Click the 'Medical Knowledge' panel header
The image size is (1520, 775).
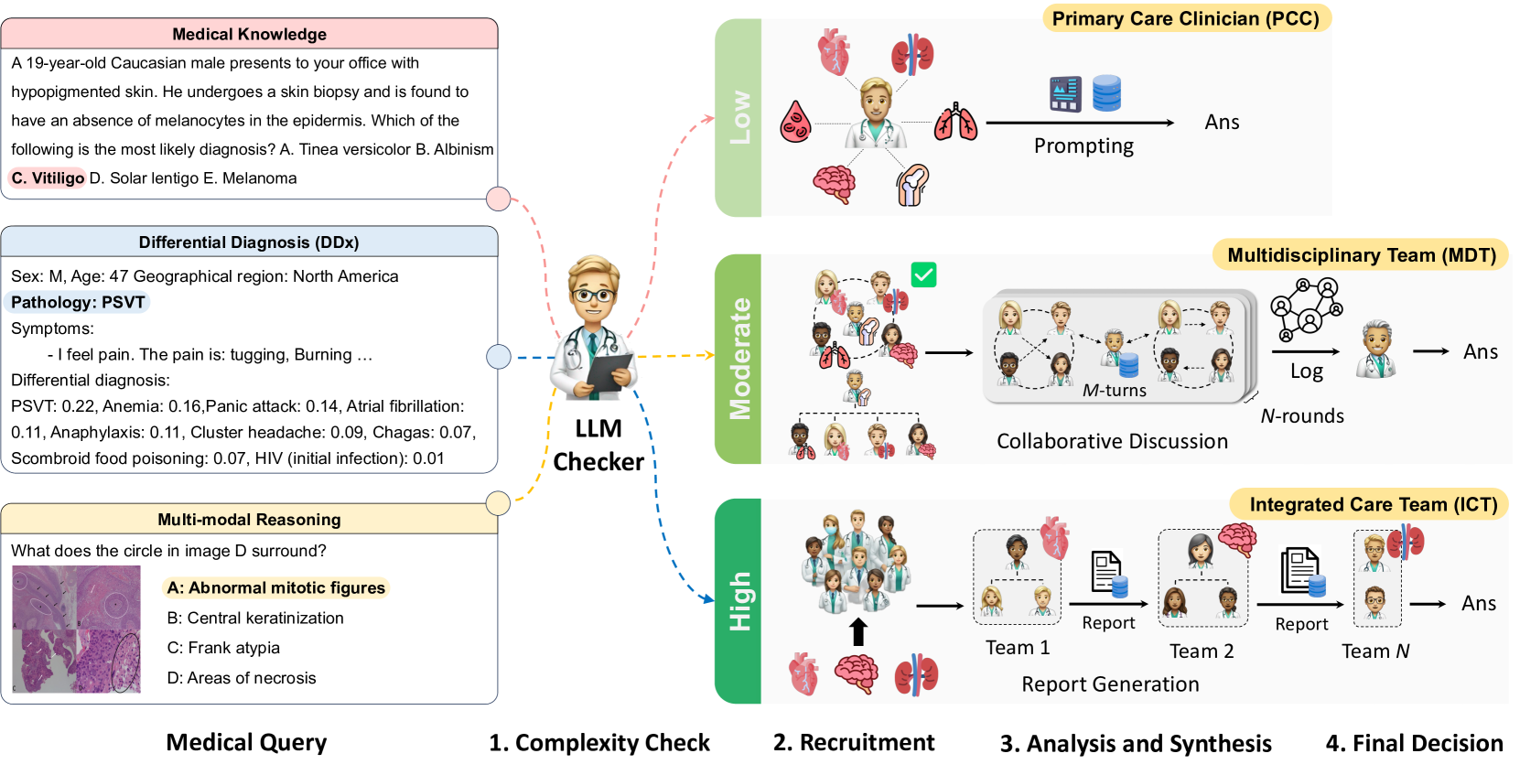tap(249, 34)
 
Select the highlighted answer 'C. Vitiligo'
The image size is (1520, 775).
tap(48, 178)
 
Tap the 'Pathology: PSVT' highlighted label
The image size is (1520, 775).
tap(78, 302)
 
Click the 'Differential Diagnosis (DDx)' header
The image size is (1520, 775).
tap(249, 242)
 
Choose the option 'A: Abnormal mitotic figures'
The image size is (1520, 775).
tap(275, 587)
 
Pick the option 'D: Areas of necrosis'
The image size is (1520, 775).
tap(242, 678)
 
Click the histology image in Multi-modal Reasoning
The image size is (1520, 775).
tap(76, 629)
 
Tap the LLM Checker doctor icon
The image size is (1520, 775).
tap(594, 329)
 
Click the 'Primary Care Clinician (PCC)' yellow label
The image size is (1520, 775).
tap(1185, 18)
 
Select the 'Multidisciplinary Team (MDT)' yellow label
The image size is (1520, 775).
tap(1361, 255)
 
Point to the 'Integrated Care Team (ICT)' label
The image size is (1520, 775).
tap(1373, 504)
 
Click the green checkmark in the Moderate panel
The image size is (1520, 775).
tap(923, 274)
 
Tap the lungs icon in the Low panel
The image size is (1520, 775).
tap(955, 123)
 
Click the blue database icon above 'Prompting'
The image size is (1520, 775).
tap(1106, 93)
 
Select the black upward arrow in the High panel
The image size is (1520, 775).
tap(857, 631)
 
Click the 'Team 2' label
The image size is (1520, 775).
tap(1202, 651)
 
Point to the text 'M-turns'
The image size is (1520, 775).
tap(1114, 390)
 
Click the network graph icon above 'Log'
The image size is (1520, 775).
tap(1306, 309)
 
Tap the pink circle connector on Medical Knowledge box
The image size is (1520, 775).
tap(499, 199)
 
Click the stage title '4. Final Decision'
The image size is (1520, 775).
tap(1414, 743)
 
